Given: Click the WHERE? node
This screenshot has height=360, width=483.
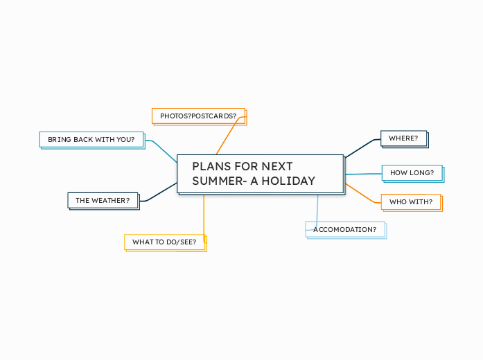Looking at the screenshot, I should click(x=403, y=138).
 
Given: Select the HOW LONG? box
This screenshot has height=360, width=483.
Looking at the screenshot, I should click(x=412, y=172).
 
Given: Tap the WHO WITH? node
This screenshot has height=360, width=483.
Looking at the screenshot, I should click(x=411, y=202).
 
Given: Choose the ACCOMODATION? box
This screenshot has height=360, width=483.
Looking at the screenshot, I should click(x=345, y=229).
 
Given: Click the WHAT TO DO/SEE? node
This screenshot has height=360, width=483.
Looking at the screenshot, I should click(x=164, y=242).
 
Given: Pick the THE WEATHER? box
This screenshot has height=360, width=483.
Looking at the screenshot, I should click(x=103, y=200).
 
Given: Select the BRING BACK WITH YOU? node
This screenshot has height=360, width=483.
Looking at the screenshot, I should click(x=91, y=139).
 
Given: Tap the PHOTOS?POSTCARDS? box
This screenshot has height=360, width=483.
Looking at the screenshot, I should click(x=198, y=116).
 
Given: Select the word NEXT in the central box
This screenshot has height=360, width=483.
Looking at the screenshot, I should click(x=277, y=166).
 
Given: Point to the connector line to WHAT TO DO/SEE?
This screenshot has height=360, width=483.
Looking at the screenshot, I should click(x=204, y=218).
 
